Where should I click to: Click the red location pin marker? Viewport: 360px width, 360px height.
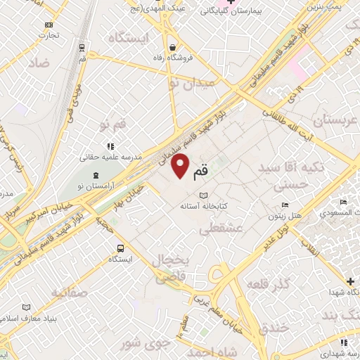(x=181, y=166)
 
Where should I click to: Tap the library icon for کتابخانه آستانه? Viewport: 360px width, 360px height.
(x=204, y=195)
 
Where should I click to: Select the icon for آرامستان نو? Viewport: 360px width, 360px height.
(x=96, y=174)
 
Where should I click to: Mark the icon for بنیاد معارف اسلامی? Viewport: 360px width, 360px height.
(x=27, y=307)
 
